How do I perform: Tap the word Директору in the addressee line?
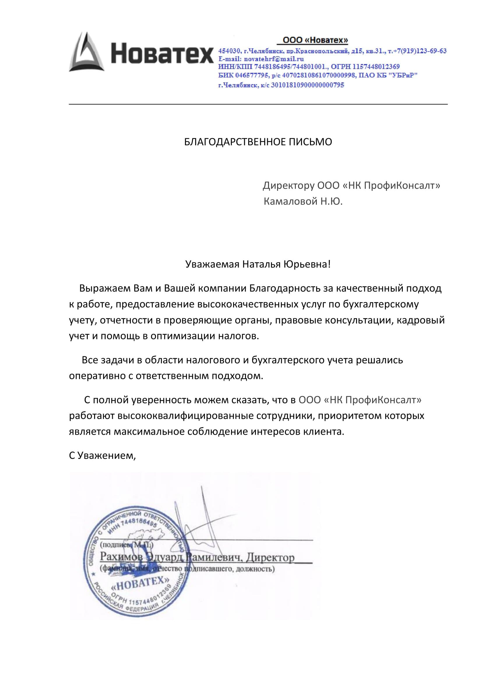click(x=289, y=186)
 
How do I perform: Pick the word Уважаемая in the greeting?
click(x=212, y=264)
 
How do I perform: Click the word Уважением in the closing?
click(x=107, y=456)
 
